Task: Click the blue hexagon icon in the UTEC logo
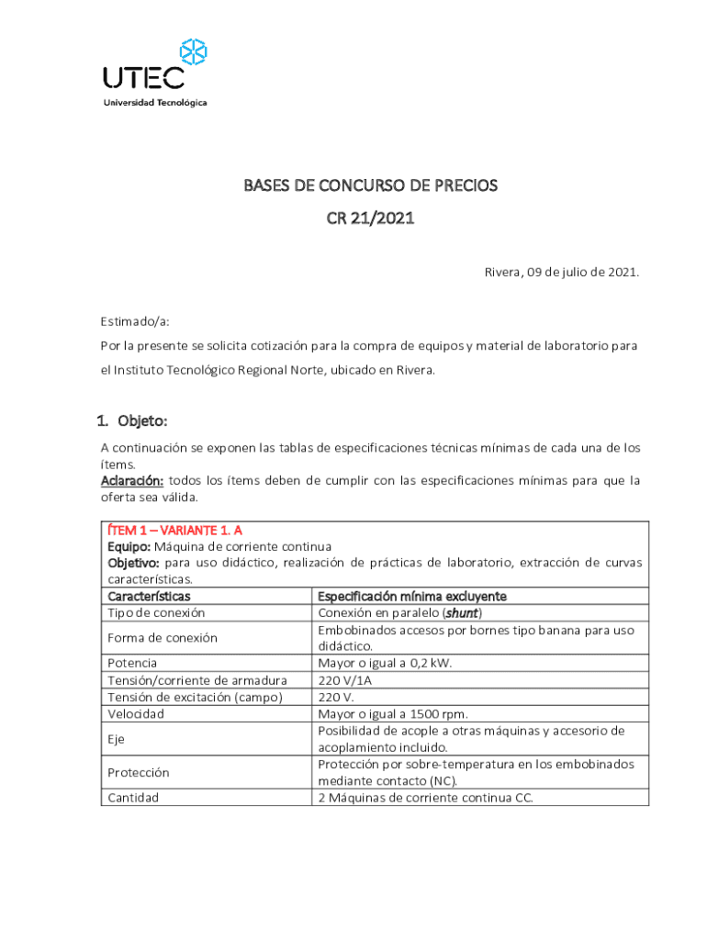coord(194,53)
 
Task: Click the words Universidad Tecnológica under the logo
coord(154,102)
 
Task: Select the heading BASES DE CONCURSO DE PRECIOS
coord(370,185)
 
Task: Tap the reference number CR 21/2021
coord(370,219)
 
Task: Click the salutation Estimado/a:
coord(135,322)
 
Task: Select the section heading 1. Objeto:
coord(132,421)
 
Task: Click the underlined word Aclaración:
coord(132,481)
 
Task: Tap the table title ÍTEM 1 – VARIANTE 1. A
coord(175,531)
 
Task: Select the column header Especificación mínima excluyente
coord(412,597)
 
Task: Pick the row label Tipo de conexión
coord(156,612)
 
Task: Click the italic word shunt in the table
coord(467,612)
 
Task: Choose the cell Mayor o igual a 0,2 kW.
coord(385,663)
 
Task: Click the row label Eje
coord(117,739)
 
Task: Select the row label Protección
coord(139,773)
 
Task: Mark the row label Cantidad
coord(133,798)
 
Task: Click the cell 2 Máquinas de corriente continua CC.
coord(425,798)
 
